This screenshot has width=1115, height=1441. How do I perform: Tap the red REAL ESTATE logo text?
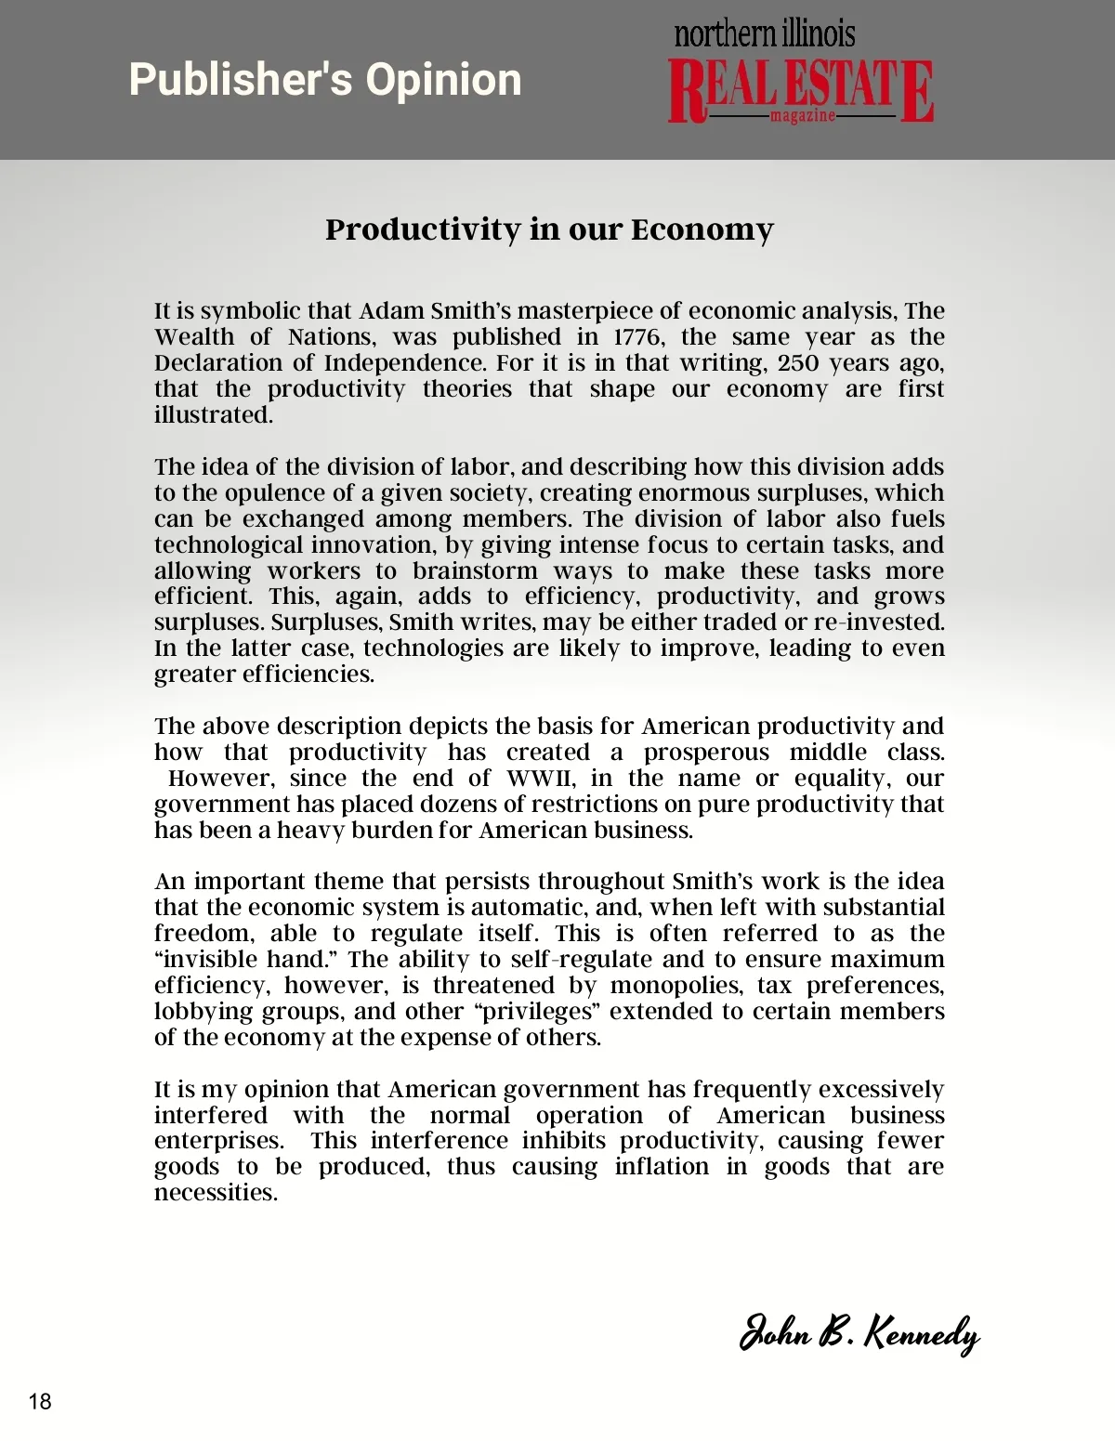[800, 89]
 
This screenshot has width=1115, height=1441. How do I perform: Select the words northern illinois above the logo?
[764, 34]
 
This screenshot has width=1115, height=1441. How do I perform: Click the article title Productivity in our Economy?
[549, 229]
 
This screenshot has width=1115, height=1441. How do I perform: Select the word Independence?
[389, 362]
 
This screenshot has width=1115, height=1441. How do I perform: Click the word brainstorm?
[475, 570]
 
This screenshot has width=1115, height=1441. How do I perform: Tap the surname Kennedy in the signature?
[922, 1334]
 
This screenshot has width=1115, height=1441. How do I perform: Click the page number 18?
[40, 1401]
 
